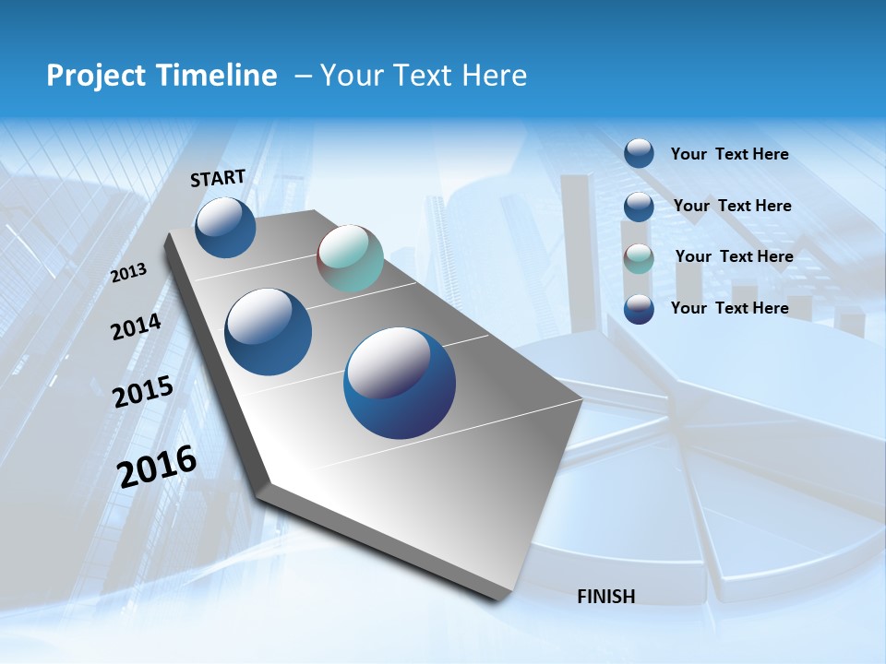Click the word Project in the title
coord(93,76)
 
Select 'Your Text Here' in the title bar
coord(423,76)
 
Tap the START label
coord(218,178)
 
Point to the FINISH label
coord(606,597)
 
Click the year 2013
coord(128,273)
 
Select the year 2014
coord(136,326)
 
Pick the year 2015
coord(143,392)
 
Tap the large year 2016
coord(157,467)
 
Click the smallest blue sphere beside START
coord(225,227)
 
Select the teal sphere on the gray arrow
coord(350,258)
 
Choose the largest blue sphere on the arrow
coord(400,383)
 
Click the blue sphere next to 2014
coord(269,332)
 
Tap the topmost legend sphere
coord(639,153)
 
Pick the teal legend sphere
coord(639,258)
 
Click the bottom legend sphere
coord(639,309)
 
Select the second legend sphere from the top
coord(639,207)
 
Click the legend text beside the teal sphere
coord(734,256)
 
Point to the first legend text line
coord(729,154)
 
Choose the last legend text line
coord(729,308)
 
